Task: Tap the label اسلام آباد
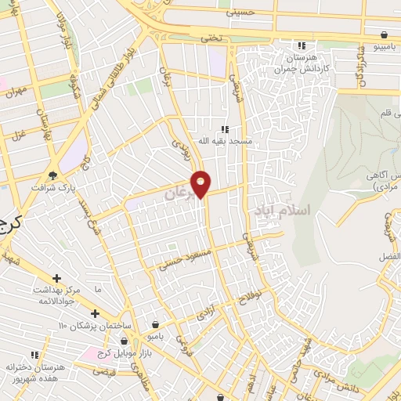point(283,210)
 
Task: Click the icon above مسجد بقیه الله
point(224,128)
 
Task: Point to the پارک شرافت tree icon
point(53,175)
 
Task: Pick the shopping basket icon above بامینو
point(385,34)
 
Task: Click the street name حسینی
point(240,13)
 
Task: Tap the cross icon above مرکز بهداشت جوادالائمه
point(56,278)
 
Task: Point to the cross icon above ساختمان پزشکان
point(95,313)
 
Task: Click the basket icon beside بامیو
point(156,324)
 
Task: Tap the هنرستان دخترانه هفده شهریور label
point(36,372)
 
